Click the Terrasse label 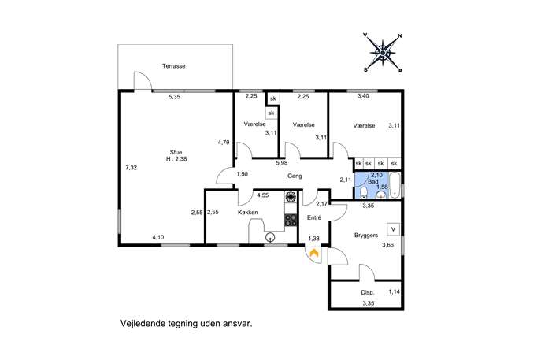[173, 66]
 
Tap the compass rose [383, 53]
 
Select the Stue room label [176, 152]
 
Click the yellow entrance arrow [313, 253]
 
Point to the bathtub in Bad [395, 185]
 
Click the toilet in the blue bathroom [363, 193]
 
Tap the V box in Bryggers [393, 229]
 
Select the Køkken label [248, 212]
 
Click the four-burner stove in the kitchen [291, 221]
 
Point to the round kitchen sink [270, 237]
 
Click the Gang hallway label [295, 176]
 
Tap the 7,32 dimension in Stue [131, 168]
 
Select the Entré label [314, 217]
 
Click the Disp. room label [368, 292]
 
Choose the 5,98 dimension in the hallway [282, 163]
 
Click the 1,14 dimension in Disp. [394, 291]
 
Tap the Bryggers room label [366, 235]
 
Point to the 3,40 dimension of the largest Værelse [363, 96]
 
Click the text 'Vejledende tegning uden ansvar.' [187, 324]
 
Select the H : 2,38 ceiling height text [176, 159]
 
